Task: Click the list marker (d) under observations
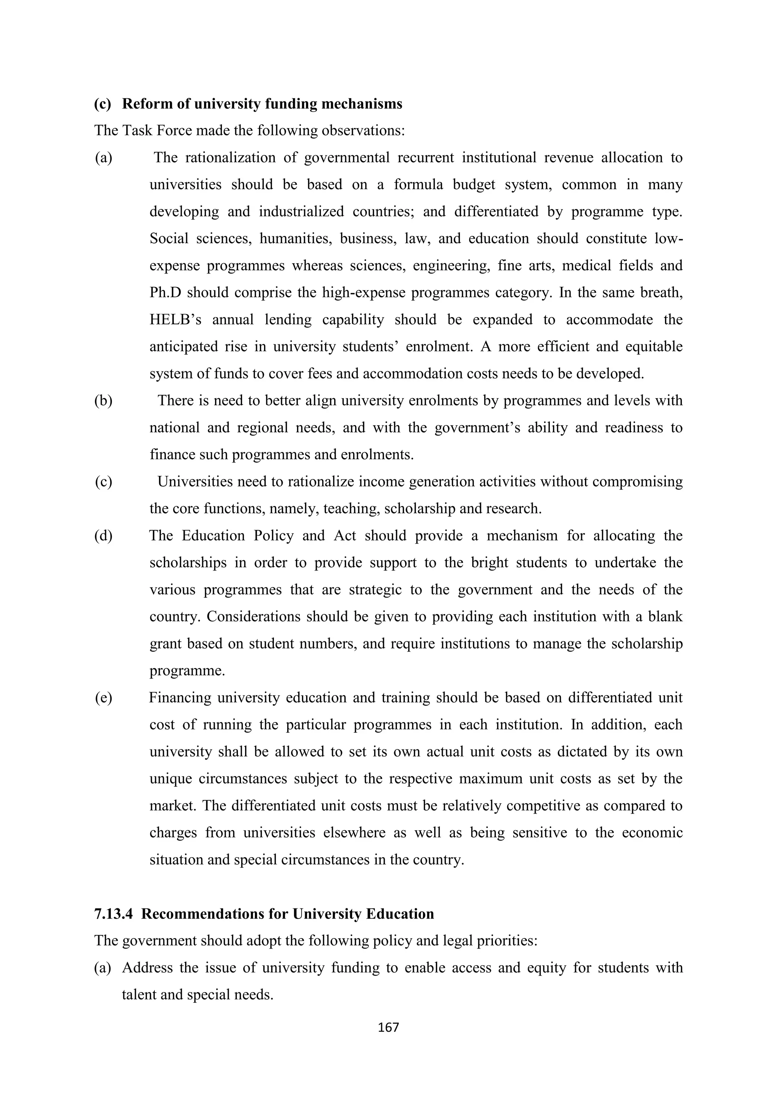[x=103, y=536]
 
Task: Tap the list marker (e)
[x=103, y=698]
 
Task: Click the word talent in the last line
[x=139, y=995]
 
